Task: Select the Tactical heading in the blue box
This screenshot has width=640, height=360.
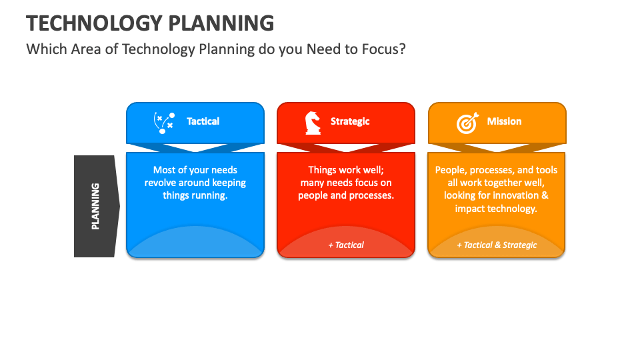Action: (203, 121)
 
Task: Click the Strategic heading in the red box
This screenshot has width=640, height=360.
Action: (350, 121)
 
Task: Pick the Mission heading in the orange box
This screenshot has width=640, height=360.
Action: (504, 121)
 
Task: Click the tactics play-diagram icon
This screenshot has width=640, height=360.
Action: (164, 123)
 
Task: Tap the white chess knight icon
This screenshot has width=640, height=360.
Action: (312, 123)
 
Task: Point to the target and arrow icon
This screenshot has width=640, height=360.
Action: (467, 123)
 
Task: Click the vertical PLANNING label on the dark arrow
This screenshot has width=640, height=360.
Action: (95, 206)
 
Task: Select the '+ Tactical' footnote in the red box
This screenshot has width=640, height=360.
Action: (346, 245)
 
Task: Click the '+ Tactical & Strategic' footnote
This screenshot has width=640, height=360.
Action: (497, 245)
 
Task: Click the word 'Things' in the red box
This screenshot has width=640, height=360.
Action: (322, 170)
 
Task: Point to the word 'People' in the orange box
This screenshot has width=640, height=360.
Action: (449, 170)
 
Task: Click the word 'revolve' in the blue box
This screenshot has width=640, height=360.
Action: (161, 183)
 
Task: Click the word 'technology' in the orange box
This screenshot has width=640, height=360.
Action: (513, 208)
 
